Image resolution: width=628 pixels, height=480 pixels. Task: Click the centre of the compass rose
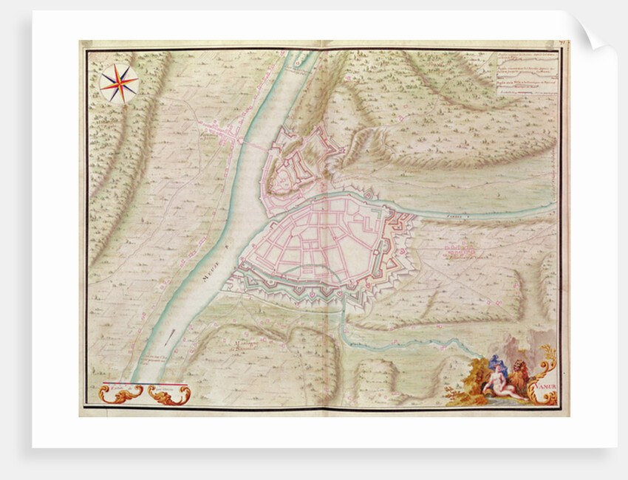coord(119,83)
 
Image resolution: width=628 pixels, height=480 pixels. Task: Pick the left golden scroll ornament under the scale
coord(117,395)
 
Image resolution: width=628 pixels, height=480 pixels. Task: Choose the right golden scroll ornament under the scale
coord(171,396)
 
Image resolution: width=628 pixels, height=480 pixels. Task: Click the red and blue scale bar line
coord(144,385)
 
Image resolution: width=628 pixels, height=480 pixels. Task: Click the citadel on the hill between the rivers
coord(299,159)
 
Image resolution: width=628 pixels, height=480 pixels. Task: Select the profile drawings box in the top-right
coord(525,74)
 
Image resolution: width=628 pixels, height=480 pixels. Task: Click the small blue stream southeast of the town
coord(414,341)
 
